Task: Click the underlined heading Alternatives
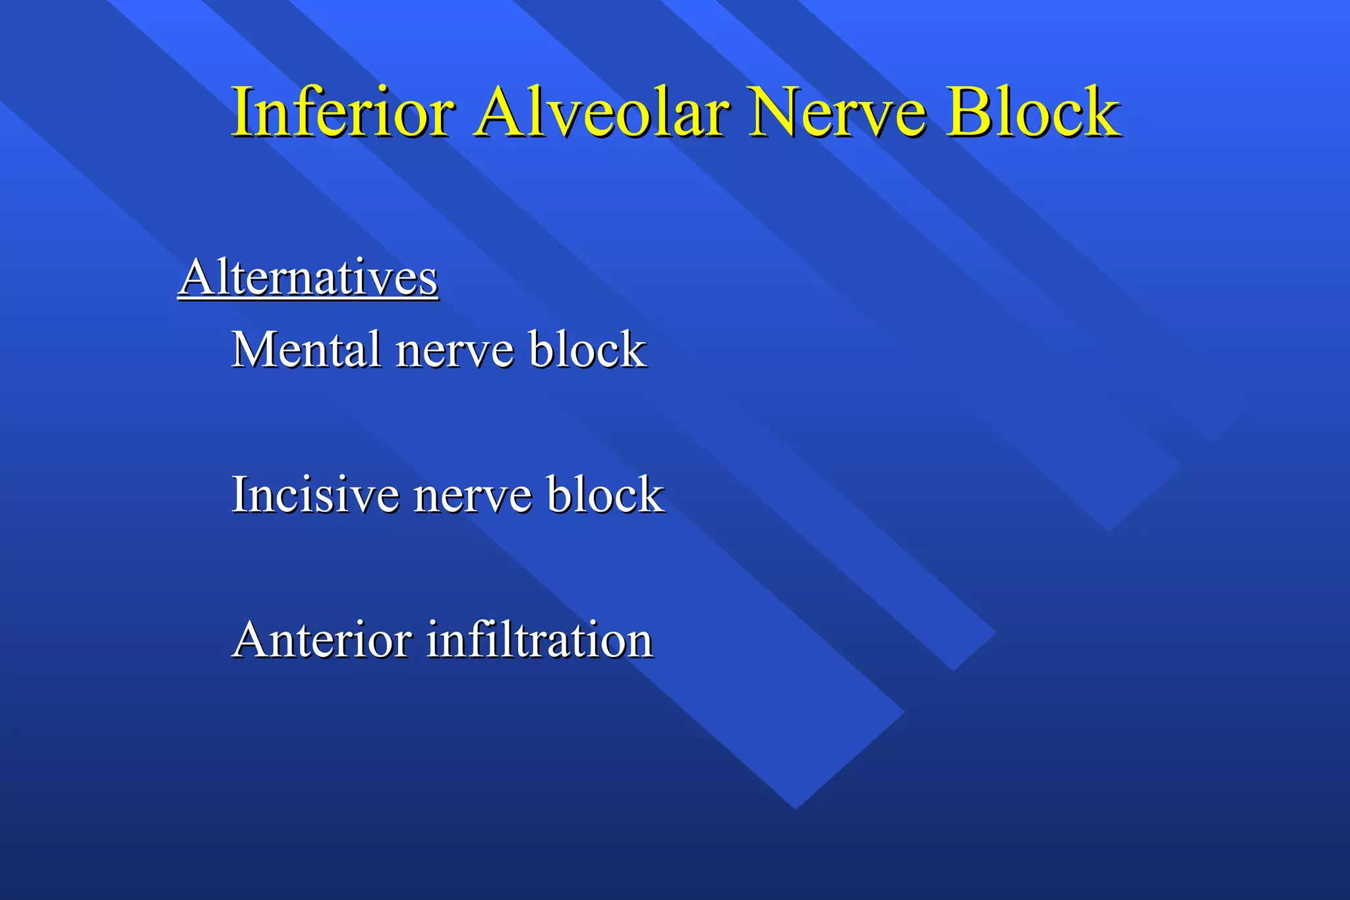pyautogui.click(x=308, y=277)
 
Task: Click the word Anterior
pyautogui.click(x=322, y=640)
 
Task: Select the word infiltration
pyautogui.click(x=539, y=640)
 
